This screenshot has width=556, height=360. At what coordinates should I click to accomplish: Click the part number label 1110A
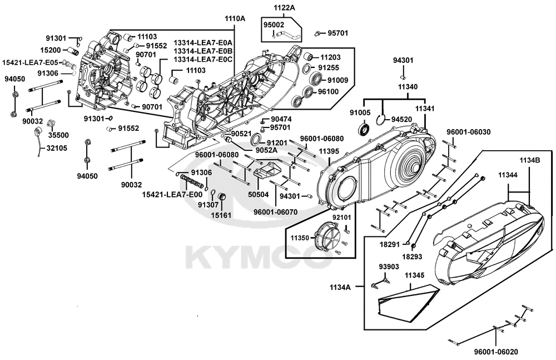click(235, 19)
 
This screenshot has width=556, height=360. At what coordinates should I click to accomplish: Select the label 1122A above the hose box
click(284, 8)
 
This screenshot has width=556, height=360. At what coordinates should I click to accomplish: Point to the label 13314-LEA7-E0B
click(203, 51)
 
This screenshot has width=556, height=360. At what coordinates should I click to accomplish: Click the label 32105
click(57, 148)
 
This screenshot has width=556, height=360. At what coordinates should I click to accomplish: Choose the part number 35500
click(58, 135)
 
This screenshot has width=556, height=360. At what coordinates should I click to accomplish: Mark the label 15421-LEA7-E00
click(172, 194)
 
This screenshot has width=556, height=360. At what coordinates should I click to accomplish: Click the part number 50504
click(259, 194)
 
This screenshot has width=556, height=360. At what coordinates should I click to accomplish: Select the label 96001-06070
click(276, 212)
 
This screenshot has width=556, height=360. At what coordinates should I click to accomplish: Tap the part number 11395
click(329, 151)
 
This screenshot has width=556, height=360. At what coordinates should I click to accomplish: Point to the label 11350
click(301, 238)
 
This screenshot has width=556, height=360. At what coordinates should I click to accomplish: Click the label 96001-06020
click(496, 352)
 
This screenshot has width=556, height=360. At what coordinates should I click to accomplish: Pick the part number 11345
click(415, 275)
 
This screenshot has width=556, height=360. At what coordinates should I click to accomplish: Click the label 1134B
click(530, 160)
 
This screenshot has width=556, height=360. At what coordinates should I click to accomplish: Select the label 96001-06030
click(469, 132)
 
